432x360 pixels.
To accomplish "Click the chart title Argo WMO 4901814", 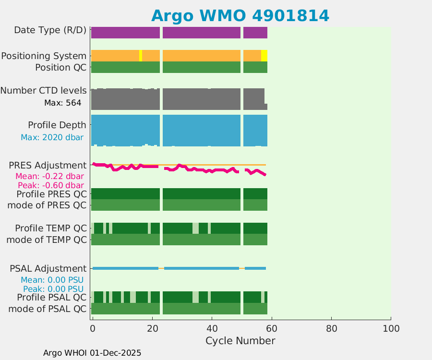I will [x=240, y=15].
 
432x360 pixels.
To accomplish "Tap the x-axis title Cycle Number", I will [x=240, y=341].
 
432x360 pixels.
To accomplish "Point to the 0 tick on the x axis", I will [x=92, y=329].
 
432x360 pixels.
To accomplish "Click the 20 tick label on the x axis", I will [x=152, y=329].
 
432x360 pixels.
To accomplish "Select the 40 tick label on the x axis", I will [x=211, y=329].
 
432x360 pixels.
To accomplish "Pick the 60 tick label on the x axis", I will [x=271, y=329].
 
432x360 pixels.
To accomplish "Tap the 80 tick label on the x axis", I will [x=331, y=329].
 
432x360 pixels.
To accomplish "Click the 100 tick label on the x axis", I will [x=390, y=329].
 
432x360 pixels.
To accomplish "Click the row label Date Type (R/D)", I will [x=50, y=30].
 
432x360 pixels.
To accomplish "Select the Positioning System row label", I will [x=44, y=56].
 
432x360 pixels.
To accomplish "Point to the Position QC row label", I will [x=61, y=67].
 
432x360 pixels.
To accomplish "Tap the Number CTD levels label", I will [x=44, y=90].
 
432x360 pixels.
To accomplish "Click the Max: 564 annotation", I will [x=62, y=103].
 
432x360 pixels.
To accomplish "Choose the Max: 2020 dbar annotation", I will [x=52, y=137].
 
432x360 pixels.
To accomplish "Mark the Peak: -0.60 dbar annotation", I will [x=51, y=185].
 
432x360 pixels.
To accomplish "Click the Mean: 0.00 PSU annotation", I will [x=52, y=279].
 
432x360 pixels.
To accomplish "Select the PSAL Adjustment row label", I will [x=48, y=268].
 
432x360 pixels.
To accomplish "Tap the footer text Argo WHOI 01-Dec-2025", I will [x=92, y=353].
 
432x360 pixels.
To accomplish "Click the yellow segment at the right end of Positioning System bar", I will [x=264, y=56].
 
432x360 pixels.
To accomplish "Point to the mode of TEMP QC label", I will [x=47, y=239].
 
